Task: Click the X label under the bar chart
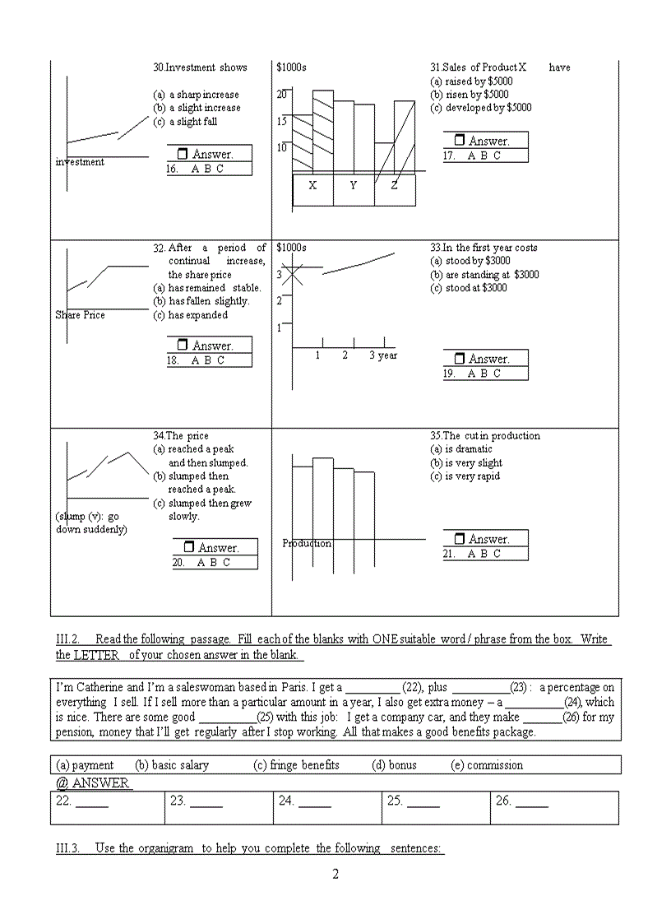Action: [x=312, y=185]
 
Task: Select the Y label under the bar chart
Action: [x=354, y=185]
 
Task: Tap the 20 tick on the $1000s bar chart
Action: [x=282, y=94]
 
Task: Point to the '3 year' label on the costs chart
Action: [x=383, y=355]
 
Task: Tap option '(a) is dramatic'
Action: [x=461, y=449]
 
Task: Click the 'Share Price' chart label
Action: [x=81, y=315]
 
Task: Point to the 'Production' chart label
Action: [x=307, y=543]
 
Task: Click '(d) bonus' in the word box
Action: [x=394, y=765]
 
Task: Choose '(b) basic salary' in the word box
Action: [x=172, y=765]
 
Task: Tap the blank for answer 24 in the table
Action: [x=315, y=801]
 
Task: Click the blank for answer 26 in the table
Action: [x=532, y=801]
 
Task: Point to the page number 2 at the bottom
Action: [x=335, y=874]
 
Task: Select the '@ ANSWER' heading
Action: [x=93, y=783]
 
